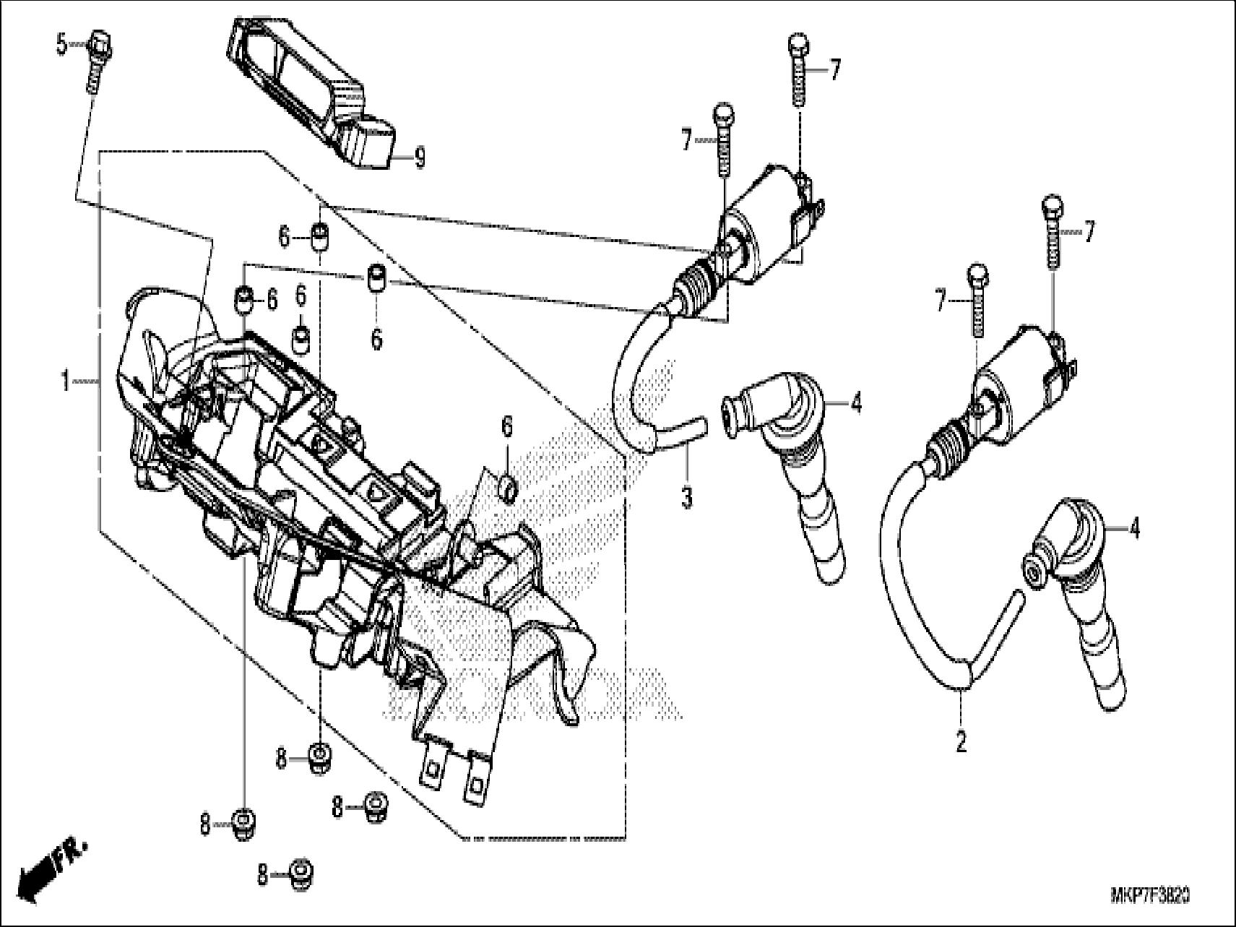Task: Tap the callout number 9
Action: coord(419,158)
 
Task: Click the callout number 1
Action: coord(65,381)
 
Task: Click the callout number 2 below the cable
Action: coord(961,743)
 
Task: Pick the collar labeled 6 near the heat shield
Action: coord(509,487)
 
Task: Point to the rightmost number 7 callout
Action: coord(1089,233)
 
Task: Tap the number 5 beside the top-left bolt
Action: coord(61,46)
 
